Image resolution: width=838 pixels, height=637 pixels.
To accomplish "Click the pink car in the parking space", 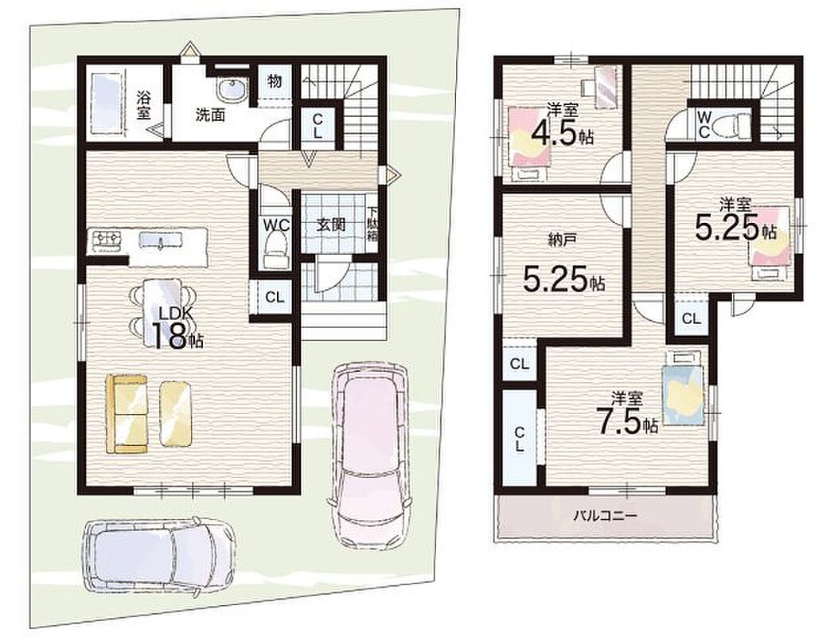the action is tap(368, 455).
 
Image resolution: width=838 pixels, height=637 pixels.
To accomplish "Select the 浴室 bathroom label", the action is tap(143, 105).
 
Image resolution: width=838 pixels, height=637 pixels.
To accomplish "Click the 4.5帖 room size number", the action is tap(562, 134).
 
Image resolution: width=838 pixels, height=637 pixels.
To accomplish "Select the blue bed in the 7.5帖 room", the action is tap(682, 388).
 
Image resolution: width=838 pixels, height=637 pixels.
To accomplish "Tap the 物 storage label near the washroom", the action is tap(275, 81).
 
